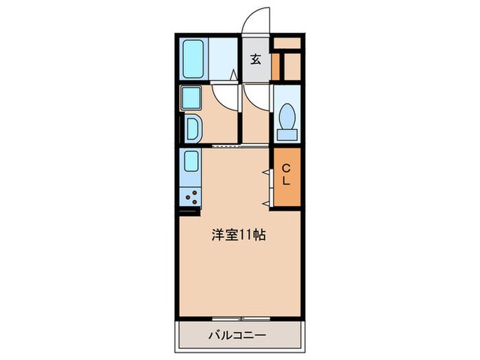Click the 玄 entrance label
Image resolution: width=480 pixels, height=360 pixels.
coord(255,59)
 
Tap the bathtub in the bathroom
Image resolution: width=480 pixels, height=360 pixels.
coord(195,59)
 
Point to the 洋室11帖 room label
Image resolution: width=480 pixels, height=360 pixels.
coord(238,235)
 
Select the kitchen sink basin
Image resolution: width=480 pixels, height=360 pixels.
coord(191,162)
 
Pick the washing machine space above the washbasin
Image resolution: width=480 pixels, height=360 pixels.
coord(190,97)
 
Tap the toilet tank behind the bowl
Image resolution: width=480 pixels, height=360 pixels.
coord(287,134)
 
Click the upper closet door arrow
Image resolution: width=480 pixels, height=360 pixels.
coord(266,171)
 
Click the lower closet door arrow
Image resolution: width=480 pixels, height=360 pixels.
coord(266,203)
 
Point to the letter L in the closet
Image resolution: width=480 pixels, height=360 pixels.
coord(287,182)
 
